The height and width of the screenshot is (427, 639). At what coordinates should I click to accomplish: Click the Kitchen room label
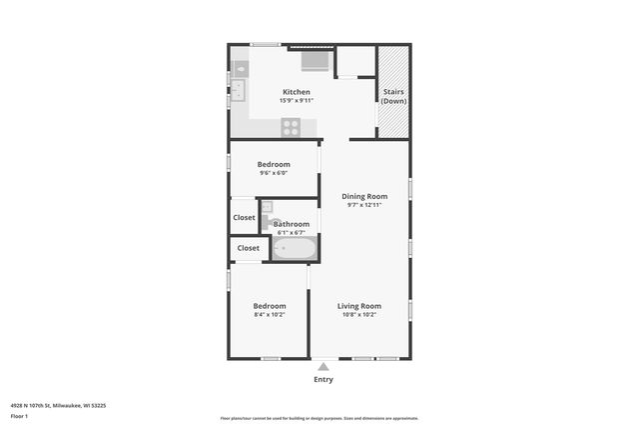tap(297, 92)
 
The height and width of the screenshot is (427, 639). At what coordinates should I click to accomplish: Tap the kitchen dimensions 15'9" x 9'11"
tap(297, 100)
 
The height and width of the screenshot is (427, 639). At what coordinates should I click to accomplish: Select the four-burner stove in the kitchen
tap(291, 127)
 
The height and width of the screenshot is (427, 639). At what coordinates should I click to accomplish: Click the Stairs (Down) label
tap(393, 97)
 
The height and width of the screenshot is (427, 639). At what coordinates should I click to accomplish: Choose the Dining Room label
tap(364, 196)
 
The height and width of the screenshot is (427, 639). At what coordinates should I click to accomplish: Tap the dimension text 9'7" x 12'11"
tap(364, 205)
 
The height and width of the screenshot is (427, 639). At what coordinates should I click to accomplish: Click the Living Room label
tap(358, 306)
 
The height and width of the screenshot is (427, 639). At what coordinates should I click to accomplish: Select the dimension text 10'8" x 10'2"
tap(358, 315)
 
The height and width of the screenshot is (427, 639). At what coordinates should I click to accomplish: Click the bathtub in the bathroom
tap(294, 248)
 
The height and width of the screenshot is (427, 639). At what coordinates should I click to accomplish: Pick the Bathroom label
tap(292, 224)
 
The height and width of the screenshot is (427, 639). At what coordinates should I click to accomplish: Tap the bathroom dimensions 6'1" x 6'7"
tap(292, 232)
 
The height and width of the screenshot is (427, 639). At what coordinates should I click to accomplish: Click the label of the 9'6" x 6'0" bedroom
tap(274, 164)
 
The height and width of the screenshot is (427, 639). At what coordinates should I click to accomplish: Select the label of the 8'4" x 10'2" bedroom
tap(269, 306)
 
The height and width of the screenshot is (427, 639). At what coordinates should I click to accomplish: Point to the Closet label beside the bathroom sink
tap(244, 217)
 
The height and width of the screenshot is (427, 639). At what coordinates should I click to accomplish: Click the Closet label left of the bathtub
tap(248, 248)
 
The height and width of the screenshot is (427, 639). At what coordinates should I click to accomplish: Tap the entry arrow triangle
tap(322, 367)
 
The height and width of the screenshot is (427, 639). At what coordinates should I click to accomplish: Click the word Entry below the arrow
tap(323, 379)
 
